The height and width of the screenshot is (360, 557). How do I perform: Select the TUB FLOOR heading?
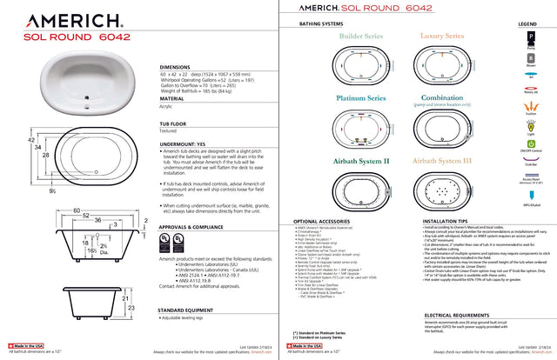(175, 124)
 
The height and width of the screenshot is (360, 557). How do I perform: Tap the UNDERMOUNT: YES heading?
(183, 143)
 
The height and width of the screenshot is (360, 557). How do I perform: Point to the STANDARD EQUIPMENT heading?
(188, 285)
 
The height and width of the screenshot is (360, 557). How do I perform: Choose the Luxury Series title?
(440, 37)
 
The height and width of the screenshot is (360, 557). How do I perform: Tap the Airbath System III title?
(440, 161)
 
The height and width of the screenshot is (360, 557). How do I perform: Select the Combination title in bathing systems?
(440, 98)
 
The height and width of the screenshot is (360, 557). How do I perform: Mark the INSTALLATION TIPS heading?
(449, 222)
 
